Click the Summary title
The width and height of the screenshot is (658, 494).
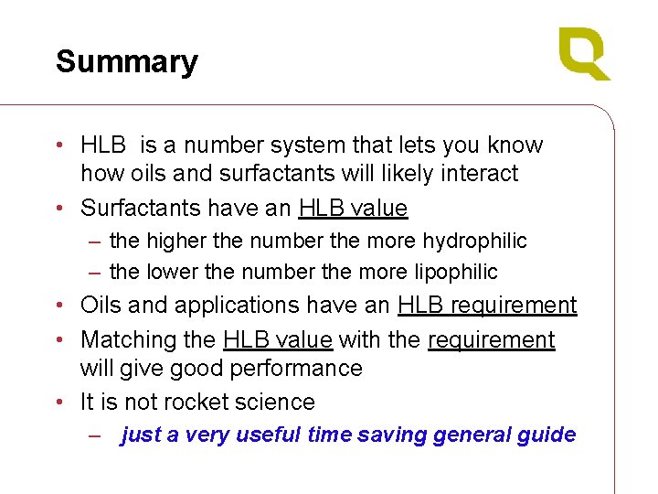(126, 62)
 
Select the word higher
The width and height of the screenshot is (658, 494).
(170, 241)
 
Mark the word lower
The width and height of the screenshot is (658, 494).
(167, 272)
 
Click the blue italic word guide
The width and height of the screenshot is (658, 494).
(547, 435)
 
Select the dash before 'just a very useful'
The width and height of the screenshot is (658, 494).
(94, 435)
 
